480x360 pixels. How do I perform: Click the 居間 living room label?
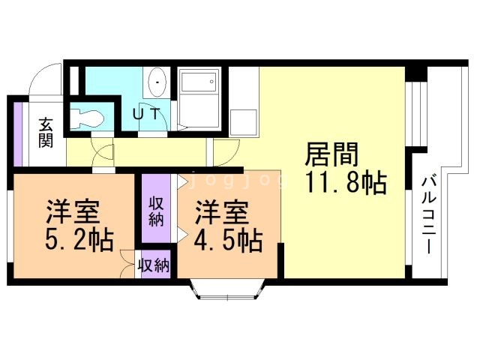click(x=331, y=154)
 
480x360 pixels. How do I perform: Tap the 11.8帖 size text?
click(x=346, y=182)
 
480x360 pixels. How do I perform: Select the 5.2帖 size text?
click(x=79, y=240)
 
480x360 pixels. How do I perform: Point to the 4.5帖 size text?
click(x=228, y=240)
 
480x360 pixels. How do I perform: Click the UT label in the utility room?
click(x=146, y=114)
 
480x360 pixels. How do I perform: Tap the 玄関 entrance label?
click(x=46, y=132)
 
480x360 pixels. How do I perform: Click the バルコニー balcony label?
click(x=429, y=215)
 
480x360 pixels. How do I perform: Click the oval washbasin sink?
click(x=157, y=82)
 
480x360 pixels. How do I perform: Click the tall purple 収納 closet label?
click(x=156, y=211)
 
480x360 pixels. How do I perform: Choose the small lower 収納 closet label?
click(x=154, y=265)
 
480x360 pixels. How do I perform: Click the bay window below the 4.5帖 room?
click(x=227, y=289)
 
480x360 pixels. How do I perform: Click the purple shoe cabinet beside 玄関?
click(x=18, y=133)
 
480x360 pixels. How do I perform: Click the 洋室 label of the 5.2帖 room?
click(x=73, y=211)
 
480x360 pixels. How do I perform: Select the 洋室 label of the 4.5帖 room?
click(x=222, y=211)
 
